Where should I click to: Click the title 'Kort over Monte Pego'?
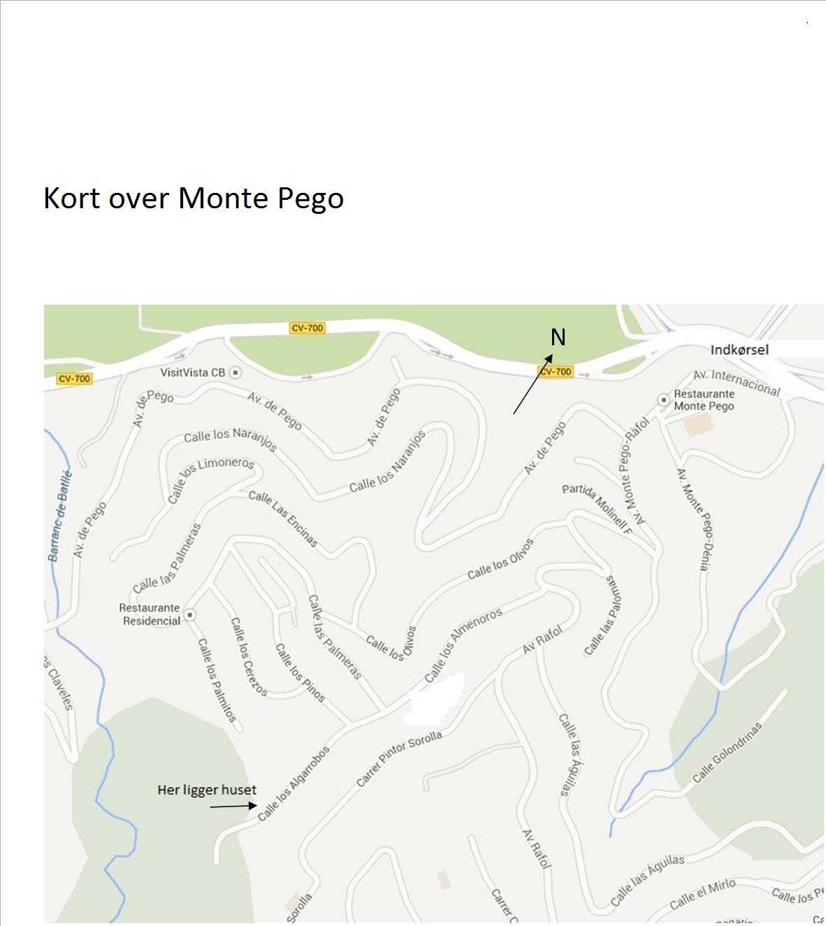click(194, 198)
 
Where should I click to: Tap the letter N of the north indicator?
click(558, 338)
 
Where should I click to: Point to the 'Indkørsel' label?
click(739, 349)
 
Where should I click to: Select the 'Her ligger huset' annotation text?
click(207, 790)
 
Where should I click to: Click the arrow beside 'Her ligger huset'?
click(233, 806)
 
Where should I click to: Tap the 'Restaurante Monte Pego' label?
click(704, 400)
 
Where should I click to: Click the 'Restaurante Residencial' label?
click(150, 614)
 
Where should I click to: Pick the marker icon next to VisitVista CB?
click(236, 372)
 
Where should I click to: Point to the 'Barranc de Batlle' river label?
click(60, 516)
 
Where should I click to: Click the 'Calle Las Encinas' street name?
click(283, 518)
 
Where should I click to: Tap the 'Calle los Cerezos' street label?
click(249, 656)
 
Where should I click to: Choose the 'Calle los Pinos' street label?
click(300, 672)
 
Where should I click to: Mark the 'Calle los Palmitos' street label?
click(217, 680)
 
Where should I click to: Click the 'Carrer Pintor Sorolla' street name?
click(399, 758)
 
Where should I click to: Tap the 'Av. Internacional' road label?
click(737, 383)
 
